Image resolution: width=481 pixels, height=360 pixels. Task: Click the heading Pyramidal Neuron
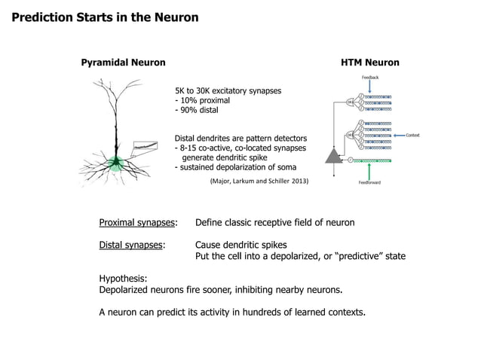[123, 63]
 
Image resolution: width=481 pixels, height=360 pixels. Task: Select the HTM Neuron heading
[370, 63]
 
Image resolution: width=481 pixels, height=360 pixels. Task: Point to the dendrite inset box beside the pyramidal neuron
[143, 145]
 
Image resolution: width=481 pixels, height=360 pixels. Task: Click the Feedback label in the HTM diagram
[369, 78]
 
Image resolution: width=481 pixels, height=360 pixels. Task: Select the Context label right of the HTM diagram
[412, 134]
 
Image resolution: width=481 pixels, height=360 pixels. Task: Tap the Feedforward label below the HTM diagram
[369, 182]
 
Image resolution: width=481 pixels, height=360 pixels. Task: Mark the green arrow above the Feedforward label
[369, 171]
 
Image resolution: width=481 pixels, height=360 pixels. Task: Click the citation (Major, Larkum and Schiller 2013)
[259, 182]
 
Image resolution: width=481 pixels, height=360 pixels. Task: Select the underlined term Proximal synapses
[138, 223]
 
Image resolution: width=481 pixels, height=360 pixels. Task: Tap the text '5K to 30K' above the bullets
[194, 90]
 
